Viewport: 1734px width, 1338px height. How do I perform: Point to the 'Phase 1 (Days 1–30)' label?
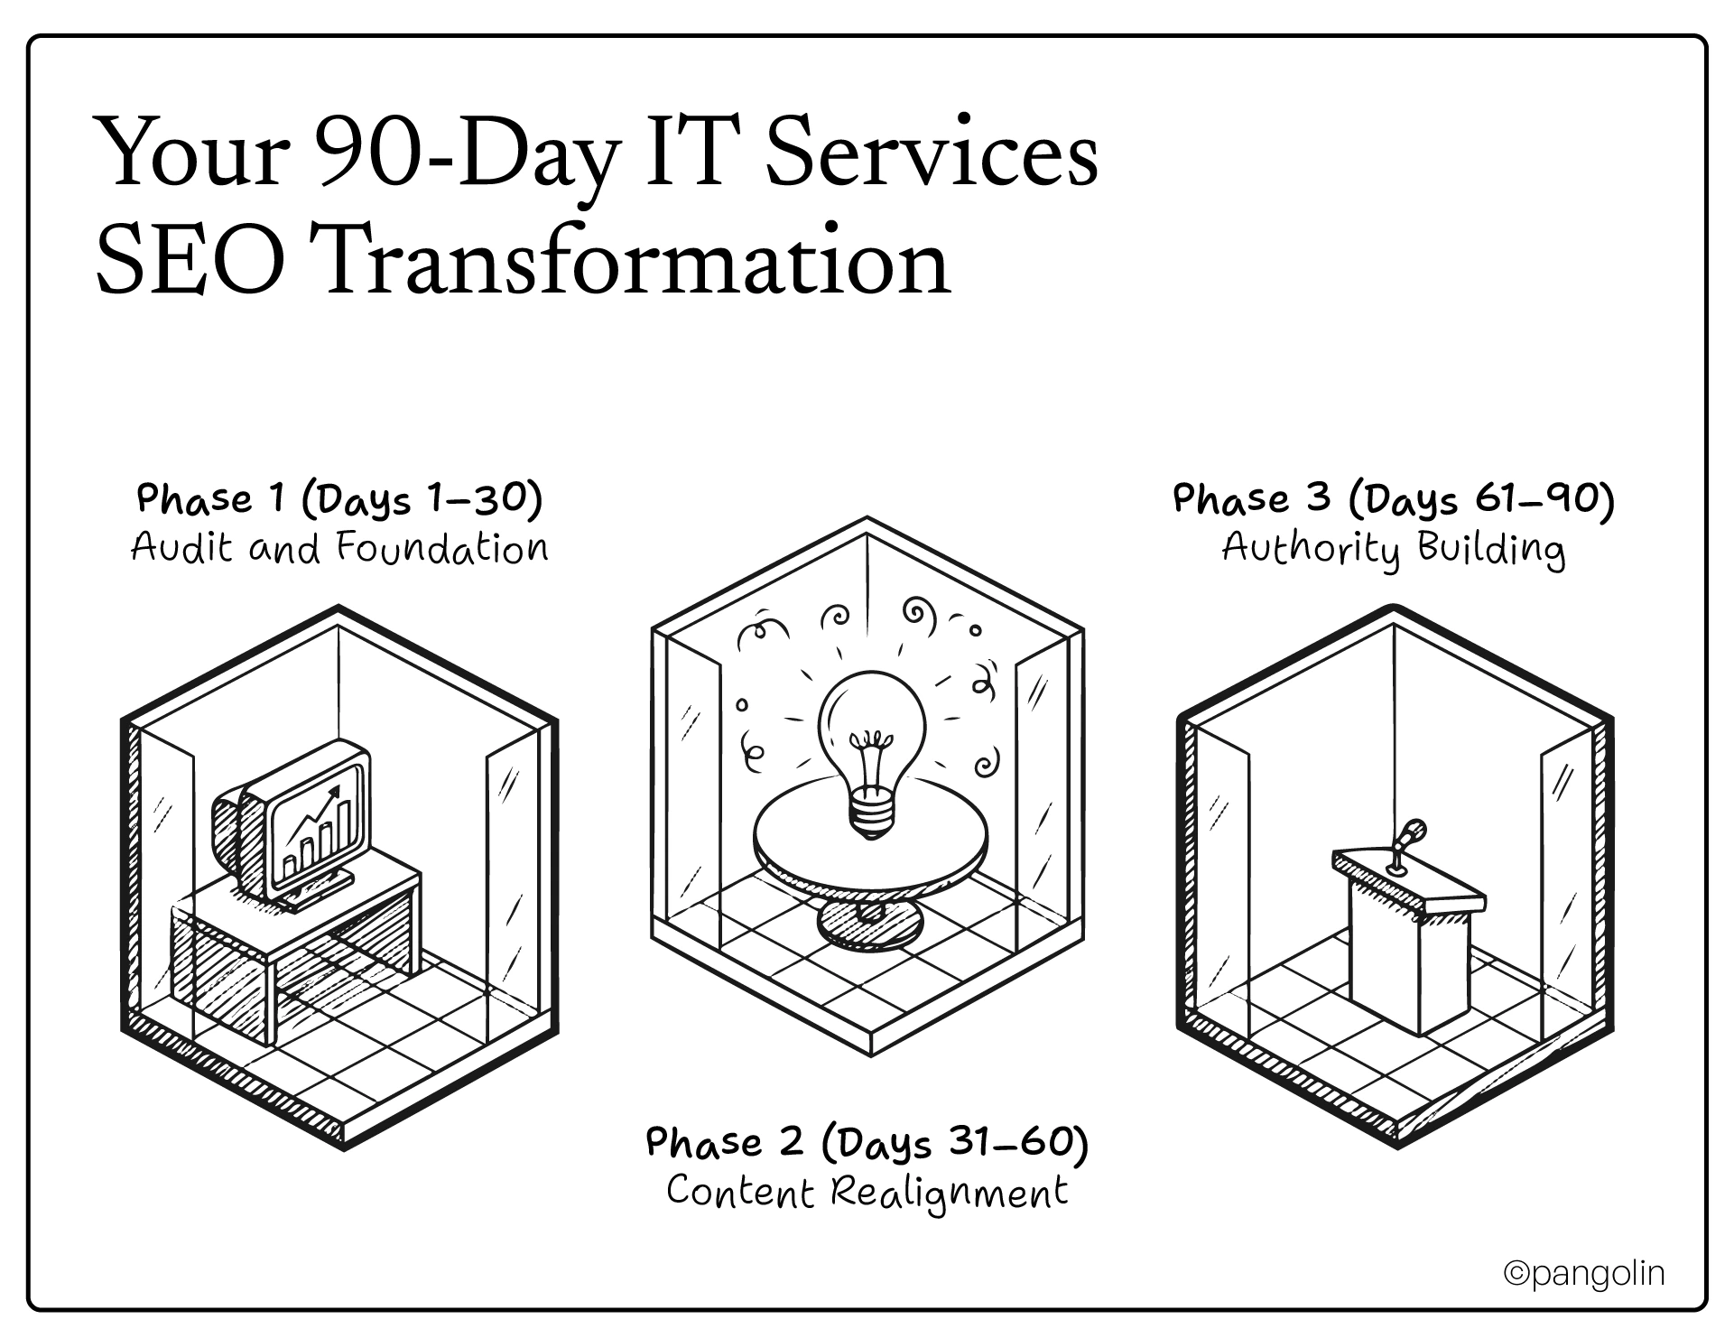tap(339, 499)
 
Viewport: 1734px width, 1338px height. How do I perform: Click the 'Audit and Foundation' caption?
tap(339, 548)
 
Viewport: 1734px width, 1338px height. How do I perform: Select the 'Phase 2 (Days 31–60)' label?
tap(867, 1143)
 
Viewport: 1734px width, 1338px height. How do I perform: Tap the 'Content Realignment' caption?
tap(867, 1192)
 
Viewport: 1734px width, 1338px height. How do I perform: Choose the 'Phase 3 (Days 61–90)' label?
tap(1394, 499)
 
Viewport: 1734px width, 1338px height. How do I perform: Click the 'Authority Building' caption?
tap(1394, 548)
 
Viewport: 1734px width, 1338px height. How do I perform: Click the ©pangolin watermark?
tap(1584, 1273)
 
